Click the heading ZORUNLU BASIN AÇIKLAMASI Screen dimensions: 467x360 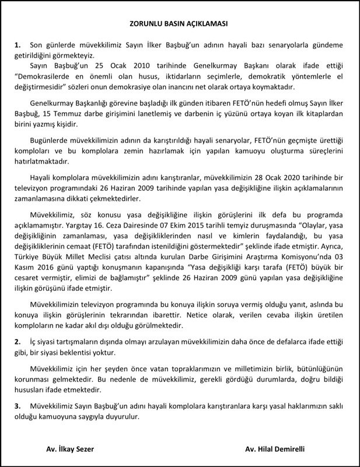coord(179,25)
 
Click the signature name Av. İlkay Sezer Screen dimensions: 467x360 coord(69,449)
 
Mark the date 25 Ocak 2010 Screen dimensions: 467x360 coord(102,67)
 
